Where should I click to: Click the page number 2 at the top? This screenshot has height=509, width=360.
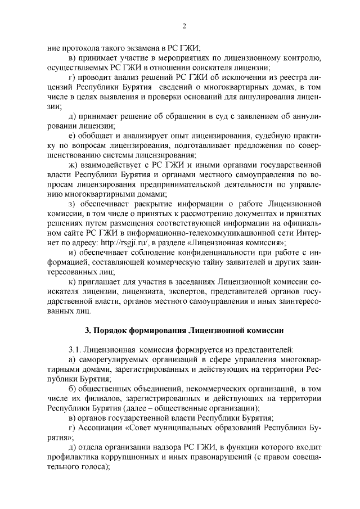tap(184, 25)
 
